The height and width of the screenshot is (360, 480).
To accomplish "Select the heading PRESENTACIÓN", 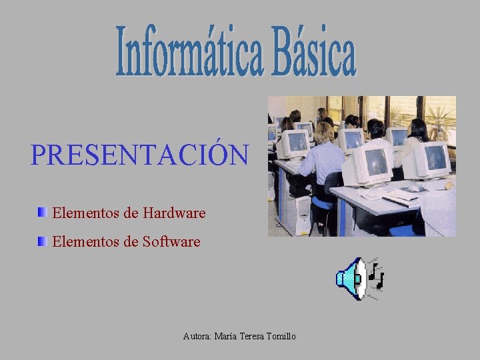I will click(x=139, y=155).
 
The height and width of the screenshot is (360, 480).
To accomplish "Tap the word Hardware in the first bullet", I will click(x=174, y=213).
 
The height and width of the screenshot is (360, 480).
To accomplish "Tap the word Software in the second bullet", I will click(x=171, y=241).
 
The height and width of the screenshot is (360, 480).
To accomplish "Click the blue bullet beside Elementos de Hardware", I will click(x=42, y=213).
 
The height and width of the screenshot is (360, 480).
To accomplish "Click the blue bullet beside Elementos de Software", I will click(x=42, y=241).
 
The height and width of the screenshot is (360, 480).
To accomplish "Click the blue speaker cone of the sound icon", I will click(x=349, y=278).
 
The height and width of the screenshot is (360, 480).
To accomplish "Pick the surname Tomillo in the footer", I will click(x=281, y=337).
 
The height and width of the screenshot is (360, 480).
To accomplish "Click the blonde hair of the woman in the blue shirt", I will click(x=324, y=132).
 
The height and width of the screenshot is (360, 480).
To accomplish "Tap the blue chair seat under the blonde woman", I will click(x=323, y=202).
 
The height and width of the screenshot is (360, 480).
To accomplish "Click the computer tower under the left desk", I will click(x=302, y=213).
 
